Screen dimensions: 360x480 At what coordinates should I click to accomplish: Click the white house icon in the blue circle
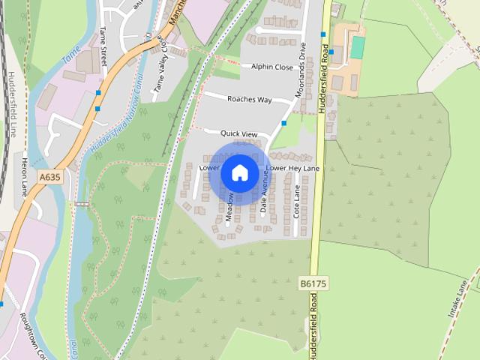(240, 173)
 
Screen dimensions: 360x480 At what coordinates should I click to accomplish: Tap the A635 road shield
(49, 177)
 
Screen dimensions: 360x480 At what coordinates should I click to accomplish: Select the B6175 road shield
(312, 283)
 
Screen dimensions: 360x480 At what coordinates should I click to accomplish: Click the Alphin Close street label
(272, 67)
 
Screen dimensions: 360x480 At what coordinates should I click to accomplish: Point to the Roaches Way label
(249, 99)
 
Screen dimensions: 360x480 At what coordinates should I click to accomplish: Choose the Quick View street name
(238, 133)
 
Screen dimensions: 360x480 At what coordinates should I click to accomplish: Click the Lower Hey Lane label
(292, 168)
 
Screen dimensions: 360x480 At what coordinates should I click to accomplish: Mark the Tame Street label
(103, 46)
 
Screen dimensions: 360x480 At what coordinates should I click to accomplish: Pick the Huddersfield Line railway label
(12, 104)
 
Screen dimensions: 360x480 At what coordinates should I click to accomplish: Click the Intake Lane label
(458, 298)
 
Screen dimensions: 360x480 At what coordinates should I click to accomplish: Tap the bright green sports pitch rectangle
(358, 46)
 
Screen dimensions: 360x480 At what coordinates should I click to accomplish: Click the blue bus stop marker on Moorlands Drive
(284, 122)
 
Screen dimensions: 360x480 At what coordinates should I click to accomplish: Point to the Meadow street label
(229, 208)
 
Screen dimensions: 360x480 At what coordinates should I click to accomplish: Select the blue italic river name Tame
(70, 55)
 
